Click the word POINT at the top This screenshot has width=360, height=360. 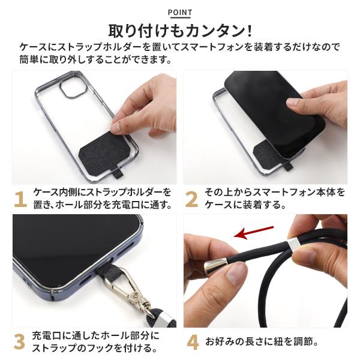[x=180, y=13]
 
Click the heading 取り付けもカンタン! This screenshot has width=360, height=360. [x=180, y=31]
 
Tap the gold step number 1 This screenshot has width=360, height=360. [x=20, y=198]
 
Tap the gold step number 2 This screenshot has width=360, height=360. [x=191, y=198]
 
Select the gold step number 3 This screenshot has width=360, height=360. [x=20, y=341]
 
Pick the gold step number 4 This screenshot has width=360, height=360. [x=192, y=342]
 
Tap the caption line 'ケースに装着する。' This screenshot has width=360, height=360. [x=245, y=205]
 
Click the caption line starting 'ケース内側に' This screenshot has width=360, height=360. [x=102, y=192]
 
